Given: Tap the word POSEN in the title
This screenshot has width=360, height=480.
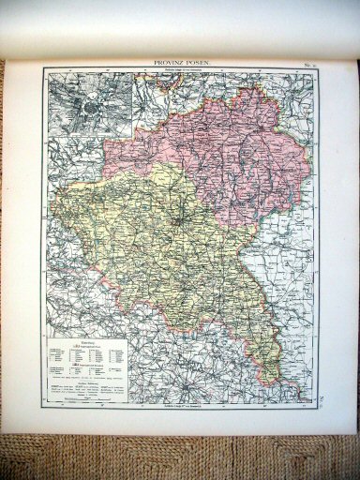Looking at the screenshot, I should [200, 62].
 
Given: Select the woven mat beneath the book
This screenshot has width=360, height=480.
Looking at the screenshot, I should [180, 455].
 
